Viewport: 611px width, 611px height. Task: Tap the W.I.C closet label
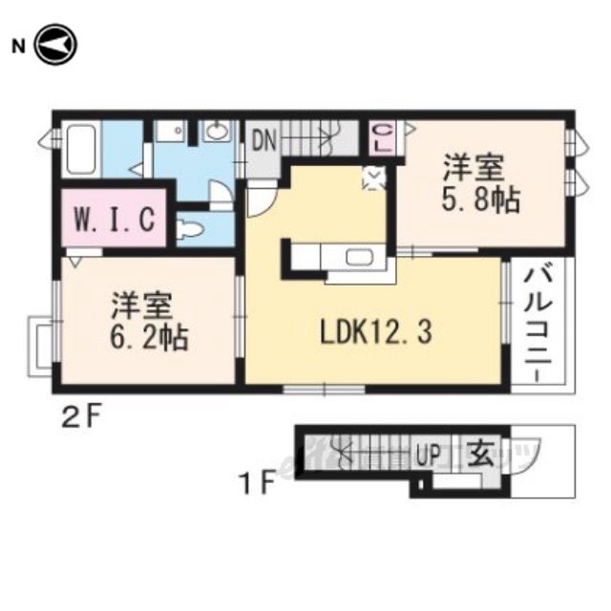click(x=113, y=220)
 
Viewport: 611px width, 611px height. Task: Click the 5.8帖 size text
click(x=472, y=202)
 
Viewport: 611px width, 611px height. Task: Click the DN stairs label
click(x=263, y=142)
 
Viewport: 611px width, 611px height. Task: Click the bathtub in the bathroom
click(x=81, y=149)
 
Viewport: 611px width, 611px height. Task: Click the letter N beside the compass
click(x=18, y=46)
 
